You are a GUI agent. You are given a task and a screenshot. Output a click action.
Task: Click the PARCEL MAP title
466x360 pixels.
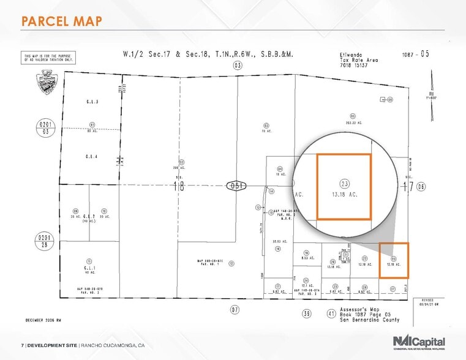61,21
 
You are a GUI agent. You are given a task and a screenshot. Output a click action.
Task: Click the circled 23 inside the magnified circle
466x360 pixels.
345,183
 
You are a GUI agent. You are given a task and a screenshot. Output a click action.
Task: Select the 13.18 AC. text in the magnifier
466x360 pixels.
345,195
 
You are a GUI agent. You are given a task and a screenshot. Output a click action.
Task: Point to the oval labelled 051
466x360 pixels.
235,186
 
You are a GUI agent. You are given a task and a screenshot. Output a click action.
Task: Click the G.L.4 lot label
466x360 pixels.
92,157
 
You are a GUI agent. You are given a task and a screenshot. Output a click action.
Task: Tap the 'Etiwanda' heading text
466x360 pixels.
351,54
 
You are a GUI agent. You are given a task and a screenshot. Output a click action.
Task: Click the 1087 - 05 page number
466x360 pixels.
416,54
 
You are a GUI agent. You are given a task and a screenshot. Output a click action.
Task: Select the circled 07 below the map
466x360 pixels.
235,309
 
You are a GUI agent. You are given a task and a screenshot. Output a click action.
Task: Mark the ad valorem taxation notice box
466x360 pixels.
48,59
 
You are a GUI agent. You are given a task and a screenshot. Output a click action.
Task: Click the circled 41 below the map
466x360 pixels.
332,313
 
